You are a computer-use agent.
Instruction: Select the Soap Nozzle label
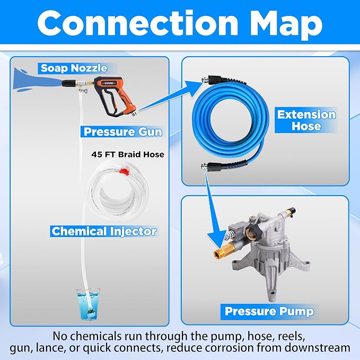(74, 68)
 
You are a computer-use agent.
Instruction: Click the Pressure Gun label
(123, 132)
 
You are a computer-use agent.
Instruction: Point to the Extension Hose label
(306, 120)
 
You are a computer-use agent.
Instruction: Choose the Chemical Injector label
(104, 231)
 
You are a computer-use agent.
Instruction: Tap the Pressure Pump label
(269, 311)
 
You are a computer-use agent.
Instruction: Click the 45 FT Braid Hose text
(128, 154)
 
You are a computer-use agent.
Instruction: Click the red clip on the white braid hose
(124, 171)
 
